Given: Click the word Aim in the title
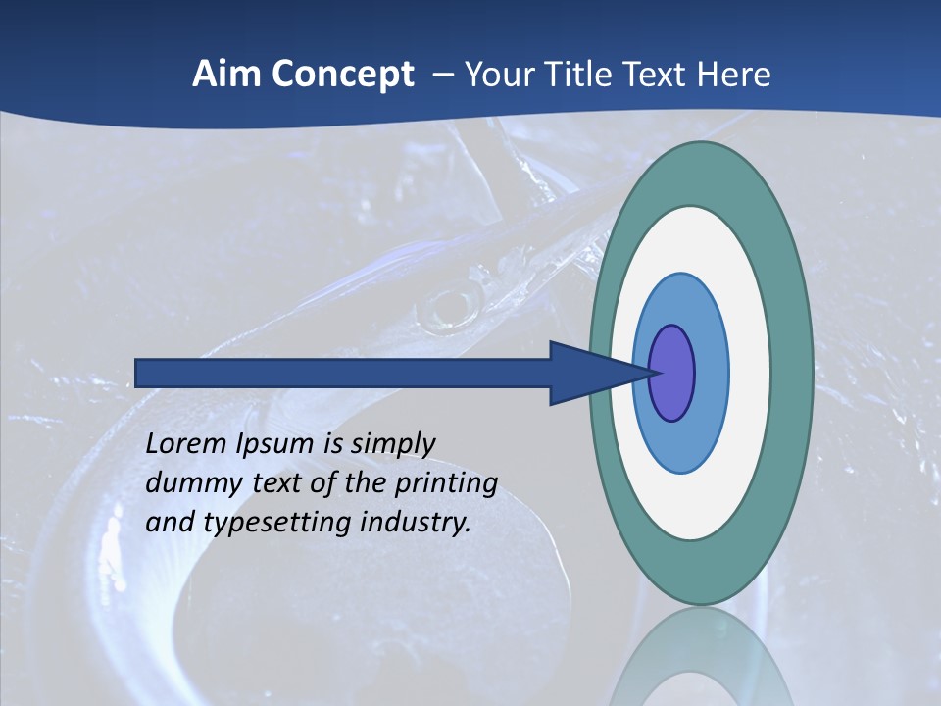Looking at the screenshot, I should (223, 75).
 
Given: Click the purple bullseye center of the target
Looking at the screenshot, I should (672, 373).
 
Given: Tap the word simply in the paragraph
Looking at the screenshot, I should (392, 444).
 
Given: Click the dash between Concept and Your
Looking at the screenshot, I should (442, 75).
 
